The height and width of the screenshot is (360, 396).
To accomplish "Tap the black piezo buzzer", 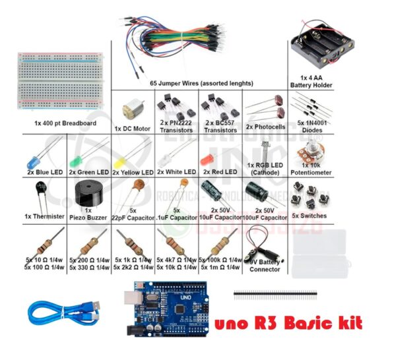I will [86, 195].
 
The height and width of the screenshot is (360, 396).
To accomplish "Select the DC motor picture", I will [129, 109].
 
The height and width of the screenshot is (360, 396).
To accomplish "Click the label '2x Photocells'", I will [265, 127].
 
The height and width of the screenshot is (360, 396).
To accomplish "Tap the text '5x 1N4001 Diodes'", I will [310, 127].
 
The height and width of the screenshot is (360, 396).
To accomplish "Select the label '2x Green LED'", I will [89, 172].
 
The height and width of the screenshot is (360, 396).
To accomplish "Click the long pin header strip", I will [275, 291].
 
